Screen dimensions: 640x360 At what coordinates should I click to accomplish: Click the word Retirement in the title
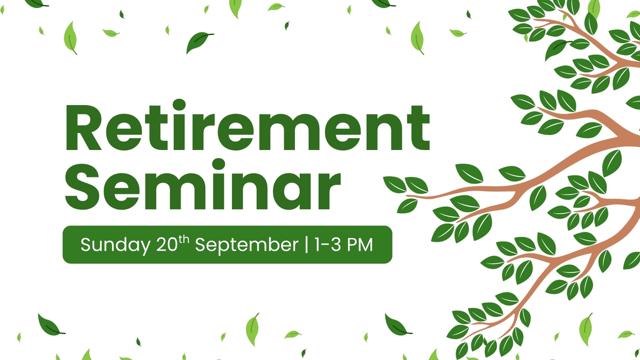(x=247, y=125)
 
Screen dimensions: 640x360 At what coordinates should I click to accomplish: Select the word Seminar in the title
(x=203, y=184)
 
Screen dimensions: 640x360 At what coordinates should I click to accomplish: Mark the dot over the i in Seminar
(x=218, y=164)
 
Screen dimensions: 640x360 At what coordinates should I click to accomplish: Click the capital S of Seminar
(x=82, y=187)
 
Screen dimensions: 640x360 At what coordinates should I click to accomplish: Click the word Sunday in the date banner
(x=115, y=245)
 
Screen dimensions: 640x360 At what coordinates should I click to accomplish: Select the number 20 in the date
(x=167, y=244)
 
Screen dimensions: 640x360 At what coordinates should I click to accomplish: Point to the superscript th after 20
(x=184, y=239)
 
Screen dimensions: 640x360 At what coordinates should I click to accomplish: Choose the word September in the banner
(x=246, y=245)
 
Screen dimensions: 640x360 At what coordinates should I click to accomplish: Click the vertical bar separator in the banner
(x=306, y=244)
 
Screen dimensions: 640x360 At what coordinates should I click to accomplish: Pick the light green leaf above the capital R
(x=71, y=37)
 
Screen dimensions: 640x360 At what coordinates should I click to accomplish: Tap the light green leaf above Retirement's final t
(x=417, y=37)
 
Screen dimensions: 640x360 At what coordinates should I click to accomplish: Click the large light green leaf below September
(x=252, y=329)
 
